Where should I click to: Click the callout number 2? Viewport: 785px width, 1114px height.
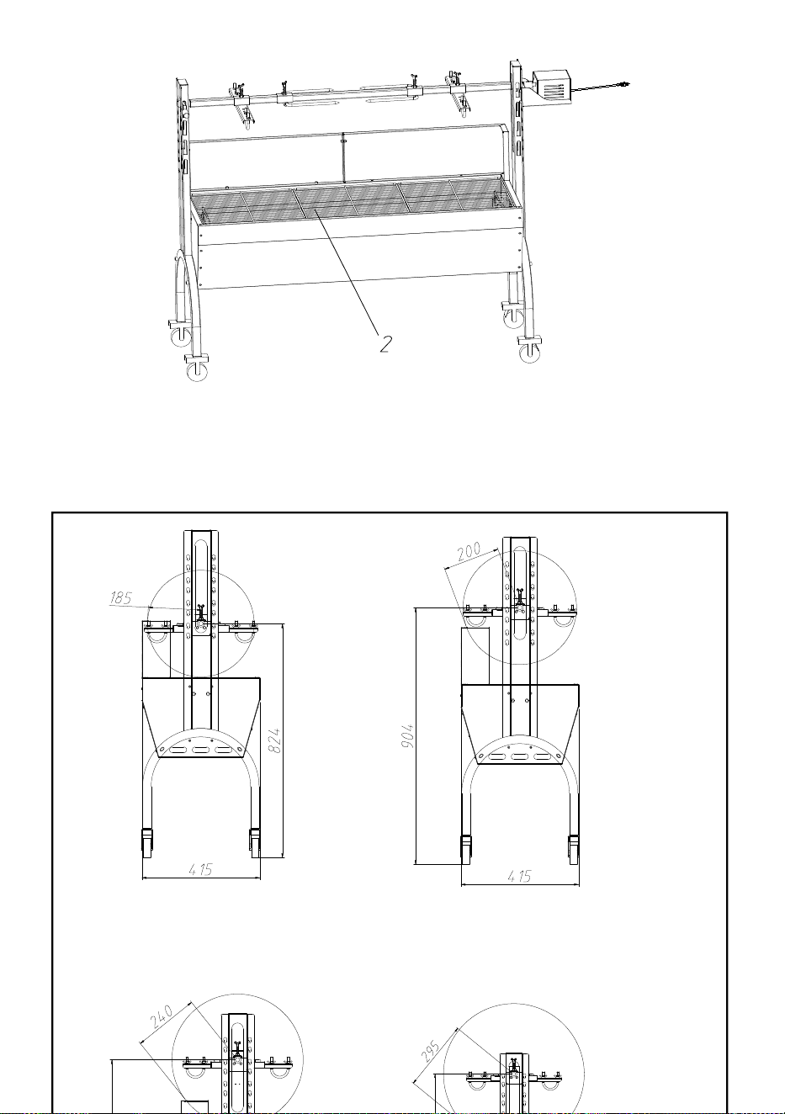(385, 343)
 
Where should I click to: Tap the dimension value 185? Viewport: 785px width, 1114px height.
(120, 597)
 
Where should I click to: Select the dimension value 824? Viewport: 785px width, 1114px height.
(274, 740)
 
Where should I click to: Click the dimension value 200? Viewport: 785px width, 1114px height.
(468, 551)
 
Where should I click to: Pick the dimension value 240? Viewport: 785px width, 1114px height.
(162, 1016)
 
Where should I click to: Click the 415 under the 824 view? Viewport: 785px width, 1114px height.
(201, 869)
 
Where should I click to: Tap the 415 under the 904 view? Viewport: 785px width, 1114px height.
(520, 876)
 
